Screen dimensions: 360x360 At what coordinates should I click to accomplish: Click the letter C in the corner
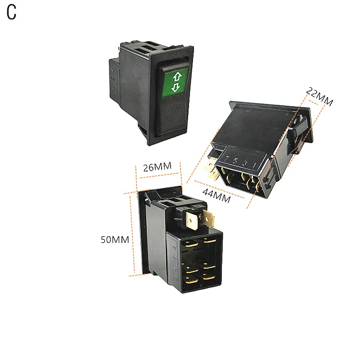11,13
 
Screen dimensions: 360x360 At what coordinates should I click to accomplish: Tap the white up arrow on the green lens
176,76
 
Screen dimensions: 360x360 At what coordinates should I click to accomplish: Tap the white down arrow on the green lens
176,87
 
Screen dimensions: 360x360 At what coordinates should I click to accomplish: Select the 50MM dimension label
115,239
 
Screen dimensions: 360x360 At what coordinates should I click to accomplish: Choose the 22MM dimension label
319,96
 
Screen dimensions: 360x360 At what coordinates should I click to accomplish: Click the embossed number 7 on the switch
228,158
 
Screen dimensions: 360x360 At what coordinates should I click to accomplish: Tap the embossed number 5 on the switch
237,161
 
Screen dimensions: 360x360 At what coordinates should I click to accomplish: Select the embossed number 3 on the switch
246,163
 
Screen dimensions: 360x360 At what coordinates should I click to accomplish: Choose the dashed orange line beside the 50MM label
133,234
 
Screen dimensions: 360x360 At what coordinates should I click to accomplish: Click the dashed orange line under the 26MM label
158,176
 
